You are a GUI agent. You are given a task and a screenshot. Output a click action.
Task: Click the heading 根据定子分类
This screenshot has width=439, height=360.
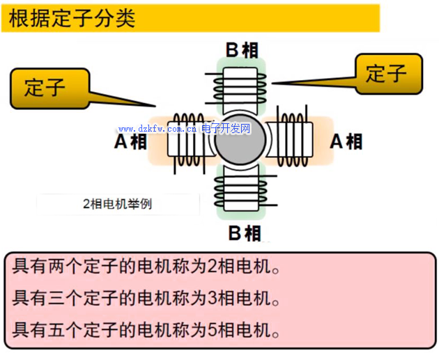(x=72, y=18)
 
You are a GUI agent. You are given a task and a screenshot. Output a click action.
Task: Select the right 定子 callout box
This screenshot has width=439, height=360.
(x=387, y=73)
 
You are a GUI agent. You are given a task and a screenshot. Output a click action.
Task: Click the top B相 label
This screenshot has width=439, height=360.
(x=242, y=49)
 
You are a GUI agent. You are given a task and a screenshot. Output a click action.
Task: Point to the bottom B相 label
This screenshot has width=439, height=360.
(x=243, y=233)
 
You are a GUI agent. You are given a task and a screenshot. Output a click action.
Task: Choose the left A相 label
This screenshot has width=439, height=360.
(x=130, y=142)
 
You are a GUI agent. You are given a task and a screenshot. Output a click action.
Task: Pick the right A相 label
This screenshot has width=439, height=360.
(x=346, y=141)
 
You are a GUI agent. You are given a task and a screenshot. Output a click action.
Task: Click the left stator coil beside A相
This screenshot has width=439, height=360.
(x=188, y=141)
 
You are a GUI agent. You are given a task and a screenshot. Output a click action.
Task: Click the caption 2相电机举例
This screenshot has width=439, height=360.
(x=117, y=204)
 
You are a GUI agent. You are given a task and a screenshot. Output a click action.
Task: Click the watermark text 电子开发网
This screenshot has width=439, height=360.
(x=226, y=129)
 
